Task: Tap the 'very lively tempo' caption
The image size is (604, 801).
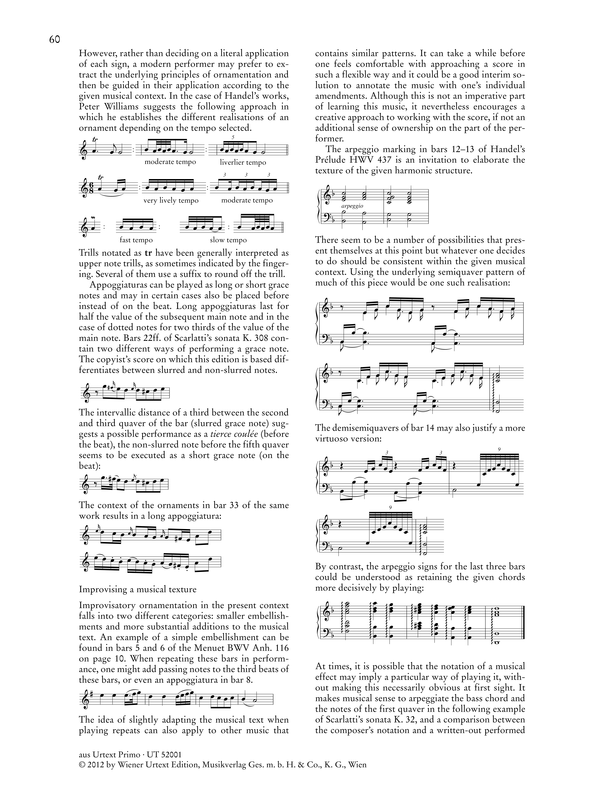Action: pyautogui.click(x=171, y=201)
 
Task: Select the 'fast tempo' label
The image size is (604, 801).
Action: pyautogui.click(x=136, y=240)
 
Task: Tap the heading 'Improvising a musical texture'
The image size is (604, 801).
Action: pyautogui.click(x=138, y=589)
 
